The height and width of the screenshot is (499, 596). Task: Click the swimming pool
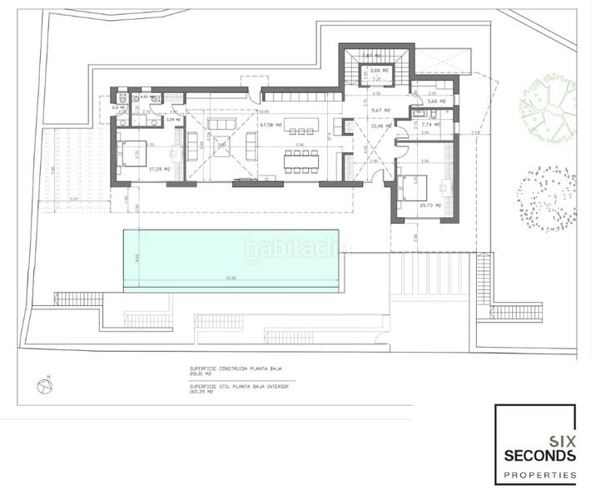point(231,259)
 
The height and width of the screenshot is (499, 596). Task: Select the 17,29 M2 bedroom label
point(159,169)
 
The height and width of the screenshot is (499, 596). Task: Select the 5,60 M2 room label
point(435,101)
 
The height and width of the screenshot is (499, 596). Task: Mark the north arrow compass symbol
point(43,386)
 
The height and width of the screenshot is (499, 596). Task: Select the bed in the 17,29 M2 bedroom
point(134,154)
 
